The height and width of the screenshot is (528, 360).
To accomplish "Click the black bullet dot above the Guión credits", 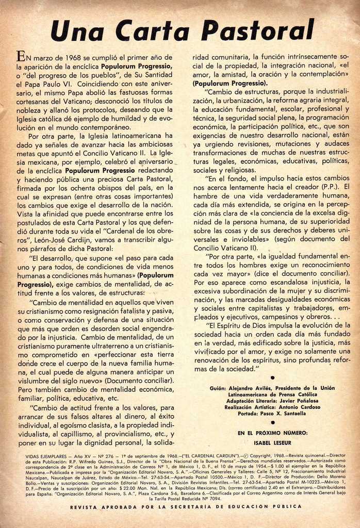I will tap(272, 378).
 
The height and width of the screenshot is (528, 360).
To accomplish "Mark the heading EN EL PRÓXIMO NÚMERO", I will tap(272, 433).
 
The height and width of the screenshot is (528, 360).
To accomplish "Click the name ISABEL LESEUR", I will tap(272, 442).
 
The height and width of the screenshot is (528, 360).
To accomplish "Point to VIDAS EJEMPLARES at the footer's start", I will tap(46, 457).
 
